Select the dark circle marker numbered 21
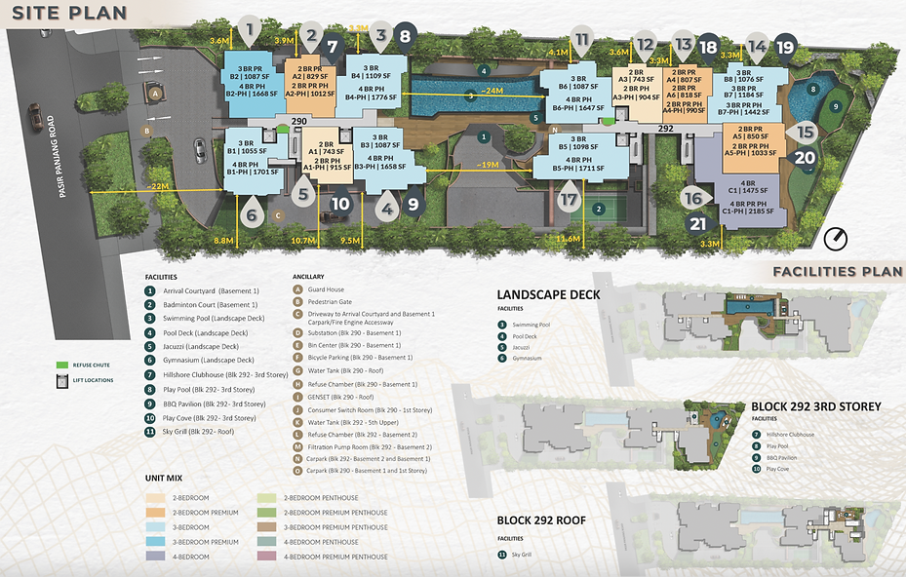point(698,223)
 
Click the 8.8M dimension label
point(223,240)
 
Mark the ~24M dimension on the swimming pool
point(493,91)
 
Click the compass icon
point(836,238)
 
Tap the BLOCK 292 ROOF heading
point(541,520)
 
